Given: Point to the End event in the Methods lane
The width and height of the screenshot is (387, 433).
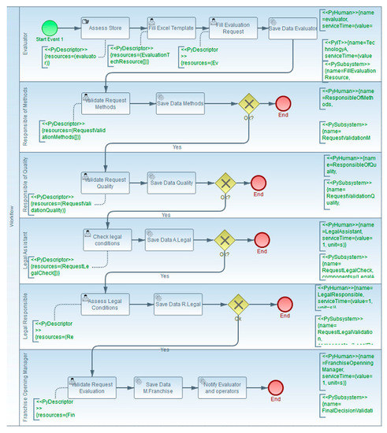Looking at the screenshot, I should pyautogui.click(x=284, y=104).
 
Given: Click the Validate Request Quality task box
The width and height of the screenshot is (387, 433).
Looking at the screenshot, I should pyautogui.click(x=105, y=182).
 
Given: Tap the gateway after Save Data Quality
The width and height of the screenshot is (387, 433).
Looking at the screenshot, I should pyautogui.click(x=226, y=182).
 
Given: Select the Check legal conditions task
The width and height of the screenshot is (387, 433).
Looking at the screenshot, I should pyautogui.click(x=107, y=239).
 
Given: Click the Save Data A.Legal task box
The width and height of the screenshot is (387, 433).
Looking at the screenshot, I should pyautogui.click(x=168, y=239).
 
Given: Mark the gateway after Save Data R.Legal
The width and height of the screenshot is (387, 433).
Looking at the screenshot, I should pyautogui.click(x=236, y=304).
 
